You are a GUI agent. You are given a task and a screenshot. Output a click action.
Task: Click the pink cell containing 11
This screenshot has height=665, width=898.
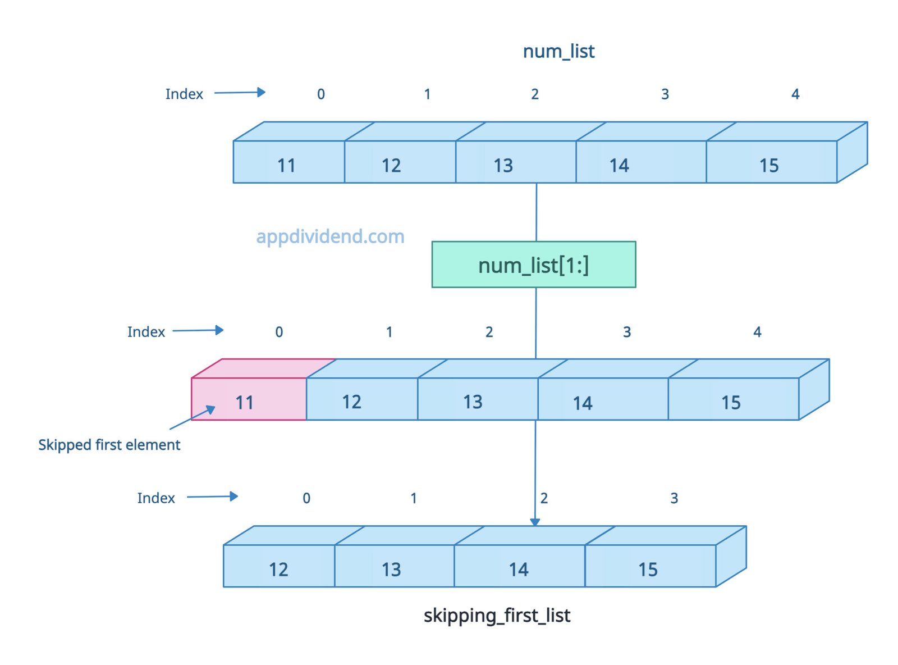tap(249, 399)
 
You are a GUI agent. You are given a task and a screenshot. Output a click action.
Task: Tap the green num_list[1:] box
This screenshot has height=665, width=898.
tap(533, 265)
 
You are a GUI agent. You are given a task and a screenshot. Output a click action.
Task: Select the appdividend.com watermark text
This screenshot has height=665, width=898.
tap(330, 236)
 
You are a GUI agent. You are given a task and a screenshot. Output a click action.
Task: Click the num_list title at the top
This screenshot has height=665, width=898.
tap(558, 51)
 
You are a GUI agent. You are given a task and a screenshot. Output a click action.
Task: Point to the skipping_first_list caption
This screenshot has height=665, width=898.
tap(497, 616)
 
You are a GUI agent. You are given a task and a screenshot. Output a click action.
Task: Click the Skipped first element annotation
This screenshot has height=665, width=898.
tap(109, 445)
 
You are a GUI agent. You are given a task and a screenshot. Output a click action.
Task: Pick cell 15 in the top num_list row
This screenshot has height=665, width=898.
tap(771, 162)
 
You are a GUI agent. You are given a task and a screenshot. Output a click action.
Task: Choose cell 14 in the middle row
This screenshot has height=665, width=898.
tap(602, 399)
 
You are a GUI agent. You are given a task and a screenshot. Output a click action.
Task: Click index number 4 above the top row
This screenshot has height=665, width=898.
tap(795, 94)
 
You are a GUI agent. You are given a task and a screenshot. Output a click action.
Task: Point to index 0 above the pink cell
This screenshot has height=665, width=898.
tap(279, 332)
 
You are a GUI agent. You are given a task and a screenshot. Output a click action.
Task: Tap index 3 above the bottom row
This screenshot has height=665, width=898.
tap(674, 498)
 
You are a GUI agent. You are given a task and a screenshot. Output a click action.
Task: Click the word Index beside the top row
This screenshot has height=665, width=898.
tap(184, 94)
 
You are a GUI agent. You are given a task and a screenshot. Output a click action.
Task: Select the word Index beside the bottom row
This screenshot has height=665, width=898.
tap(156, 498)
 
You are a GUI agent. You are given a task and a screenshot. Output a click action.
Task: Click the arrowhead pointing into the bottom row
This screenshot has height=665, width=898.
tap(535, 522)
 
